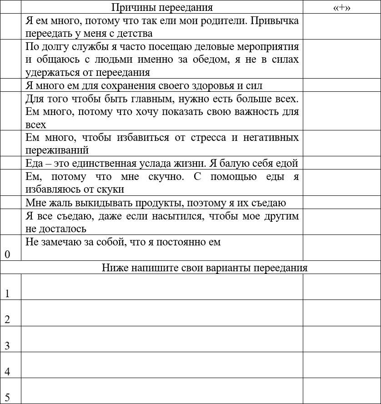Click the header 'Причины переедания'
coord(162,7)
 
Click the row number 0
coord(7,254)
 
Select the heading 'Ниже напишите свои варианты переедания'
coord(205,268)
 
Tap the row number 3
coord(7,346)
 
